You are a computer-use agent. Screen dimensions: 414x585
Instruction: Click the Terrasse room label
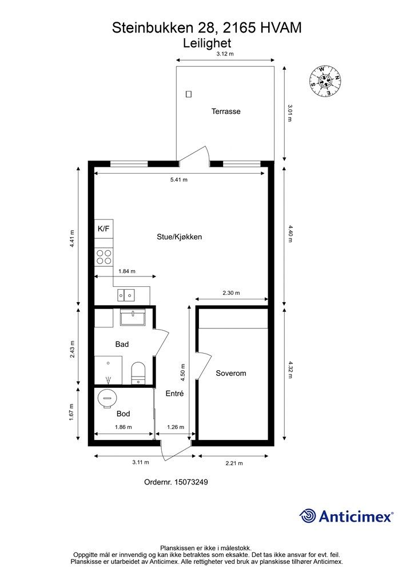tap(226, 111)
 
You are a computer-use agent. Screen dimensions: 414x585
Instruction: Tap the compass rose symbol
tap(325, 81)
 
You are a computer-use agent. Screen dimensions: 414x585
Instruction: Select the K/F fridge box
tap(103, 229)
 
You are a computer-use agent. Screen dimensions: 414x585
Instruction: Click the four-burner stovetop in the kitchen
tap(103, 257)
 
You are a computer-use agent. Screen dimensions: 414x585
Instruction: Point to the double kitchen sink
tap(126, 295)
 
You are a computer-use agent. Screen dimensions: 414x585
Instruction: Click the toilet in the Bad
tap(138, 372)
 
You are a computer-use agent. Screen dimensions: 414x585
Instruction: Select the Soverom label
tap(230, 373)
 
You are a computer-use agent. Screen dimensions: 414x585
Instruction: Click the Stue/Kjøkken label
tap(179, 237)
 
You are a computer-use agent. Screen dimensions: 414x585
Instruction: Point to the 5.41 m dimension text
tap(179, 179)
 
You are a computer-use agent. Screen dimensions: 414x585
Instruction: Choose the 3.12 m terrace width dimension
tap(225, 54)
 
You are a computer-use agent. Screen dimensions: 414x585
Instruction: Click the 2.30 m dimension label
tap(231, 293)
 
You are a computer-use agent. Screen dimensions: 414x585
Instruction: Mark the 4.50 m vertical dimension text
tap(183, 372)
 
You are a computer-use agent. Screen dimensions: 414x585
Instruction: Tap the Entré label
tap(175, 393)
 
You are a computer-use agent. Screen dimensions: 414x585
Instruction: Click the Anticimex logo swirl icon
tap(308, 516)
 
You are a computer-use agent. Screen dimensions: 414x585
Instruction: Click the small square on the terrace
tap(189, 94)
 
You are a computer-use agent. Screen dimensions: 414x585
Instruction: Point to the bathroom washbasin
tap(133, 318)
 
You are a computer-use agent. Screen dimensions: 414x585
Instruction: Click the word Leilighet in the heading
tap(207, 43)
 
